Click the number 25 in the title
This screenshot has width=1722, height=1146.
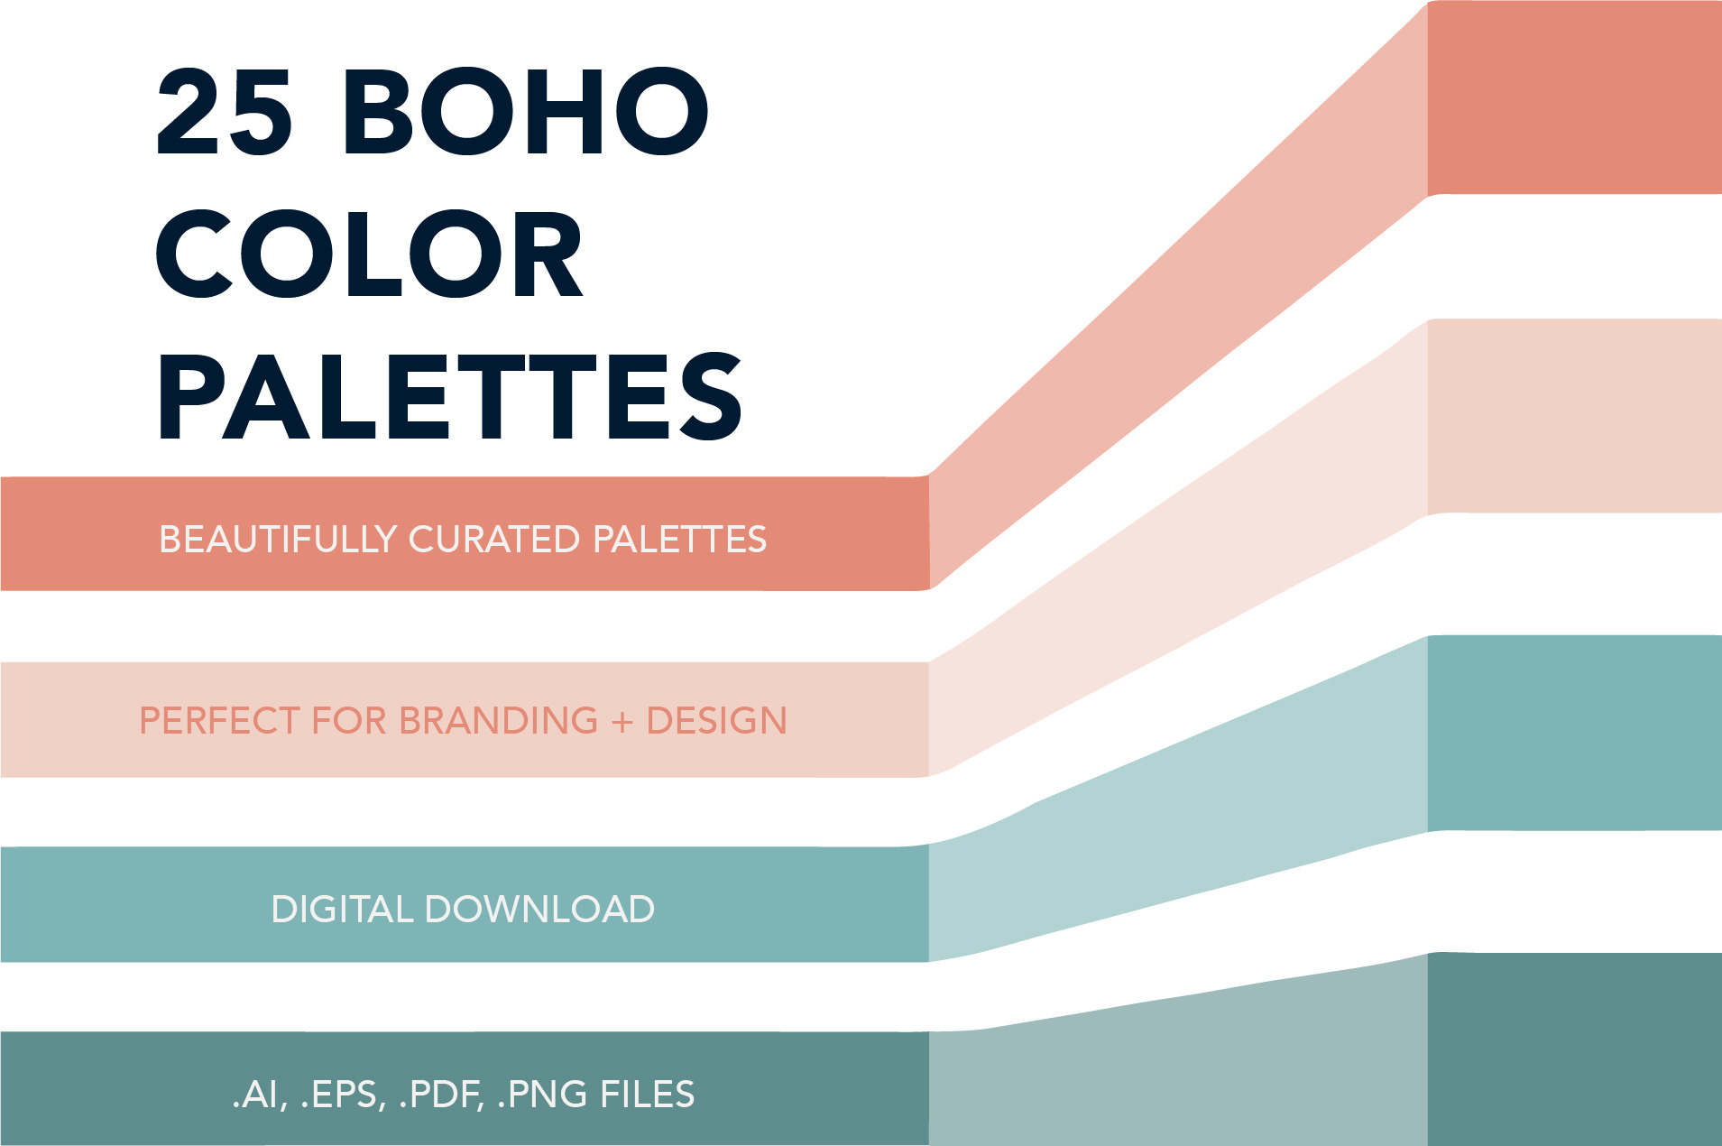[x=225, y=111]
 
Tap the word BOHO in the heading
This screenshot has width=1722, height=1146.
[x=526, y=111]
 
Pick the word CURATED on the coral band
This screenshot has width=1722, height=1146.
[x=494, y=540]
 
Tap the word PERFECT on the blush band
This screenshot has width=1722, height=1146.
[x=219, y=721]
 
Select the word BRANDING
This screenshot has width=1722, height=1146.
[x=498, y=721]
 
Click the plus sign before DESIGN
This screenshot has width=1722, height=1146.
[x=622, y=722]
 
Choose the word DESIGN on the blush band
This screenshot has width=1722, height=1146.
[x=717, y=721]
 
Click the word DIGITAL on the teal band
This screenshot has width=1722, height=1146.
[x=342, y=910]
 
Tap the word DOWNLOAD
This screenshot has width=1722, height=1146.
[x=539, y=910]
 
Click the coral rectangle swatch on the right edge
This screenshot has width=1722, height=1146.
[x=1575, y=97]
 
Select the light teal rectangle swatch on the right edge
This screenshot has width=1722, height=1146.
[x=1575, y=733]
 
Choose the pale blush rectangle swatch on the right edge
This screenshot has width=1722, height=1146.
[x=1575, y=416]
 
